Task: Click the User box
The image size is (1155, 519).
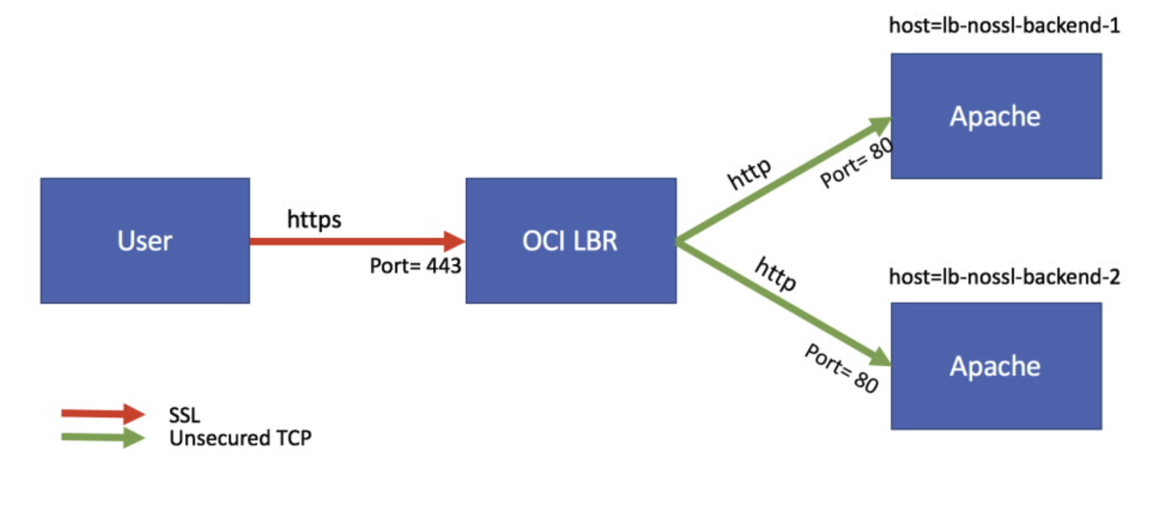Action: (145, 241)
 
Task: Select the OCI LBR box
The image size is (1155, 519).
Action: (571, 241)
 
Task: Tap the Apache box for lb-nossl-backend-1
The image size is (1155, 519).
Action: (996, 116)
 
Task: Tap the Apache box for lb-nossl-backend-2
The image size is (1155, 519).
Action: (996, 366)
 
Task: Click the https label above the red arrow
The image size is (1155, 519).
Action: (314, 220)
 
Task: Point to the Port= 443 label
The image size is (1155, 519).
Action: (415, 266)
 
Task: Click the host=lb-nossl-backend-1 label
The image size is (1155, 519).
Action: (1004, 26)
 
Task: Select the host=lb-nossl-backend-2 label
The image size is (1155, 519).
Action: (1004, 277)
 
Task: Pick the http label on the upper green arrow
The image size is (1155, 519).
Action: (749, 174)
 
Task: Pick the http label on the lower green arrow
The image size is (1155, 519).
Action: (775, 273)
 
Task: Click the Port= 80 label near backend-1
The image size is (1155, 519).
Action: (856, 163)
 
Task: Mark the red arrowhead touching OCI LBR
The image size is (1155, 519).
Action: (454, 241)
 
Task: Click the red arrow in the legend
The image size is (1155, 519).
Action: (102, 413)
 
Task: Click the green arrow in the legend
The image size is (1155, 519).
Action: (102, 437)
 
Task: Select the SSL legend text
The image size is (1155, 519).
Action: (184, 415)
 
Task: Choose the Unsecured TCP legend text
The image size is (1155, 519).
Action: (240, 438)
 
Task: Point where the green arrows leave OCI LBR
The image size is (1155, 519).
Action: (679, 241)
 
